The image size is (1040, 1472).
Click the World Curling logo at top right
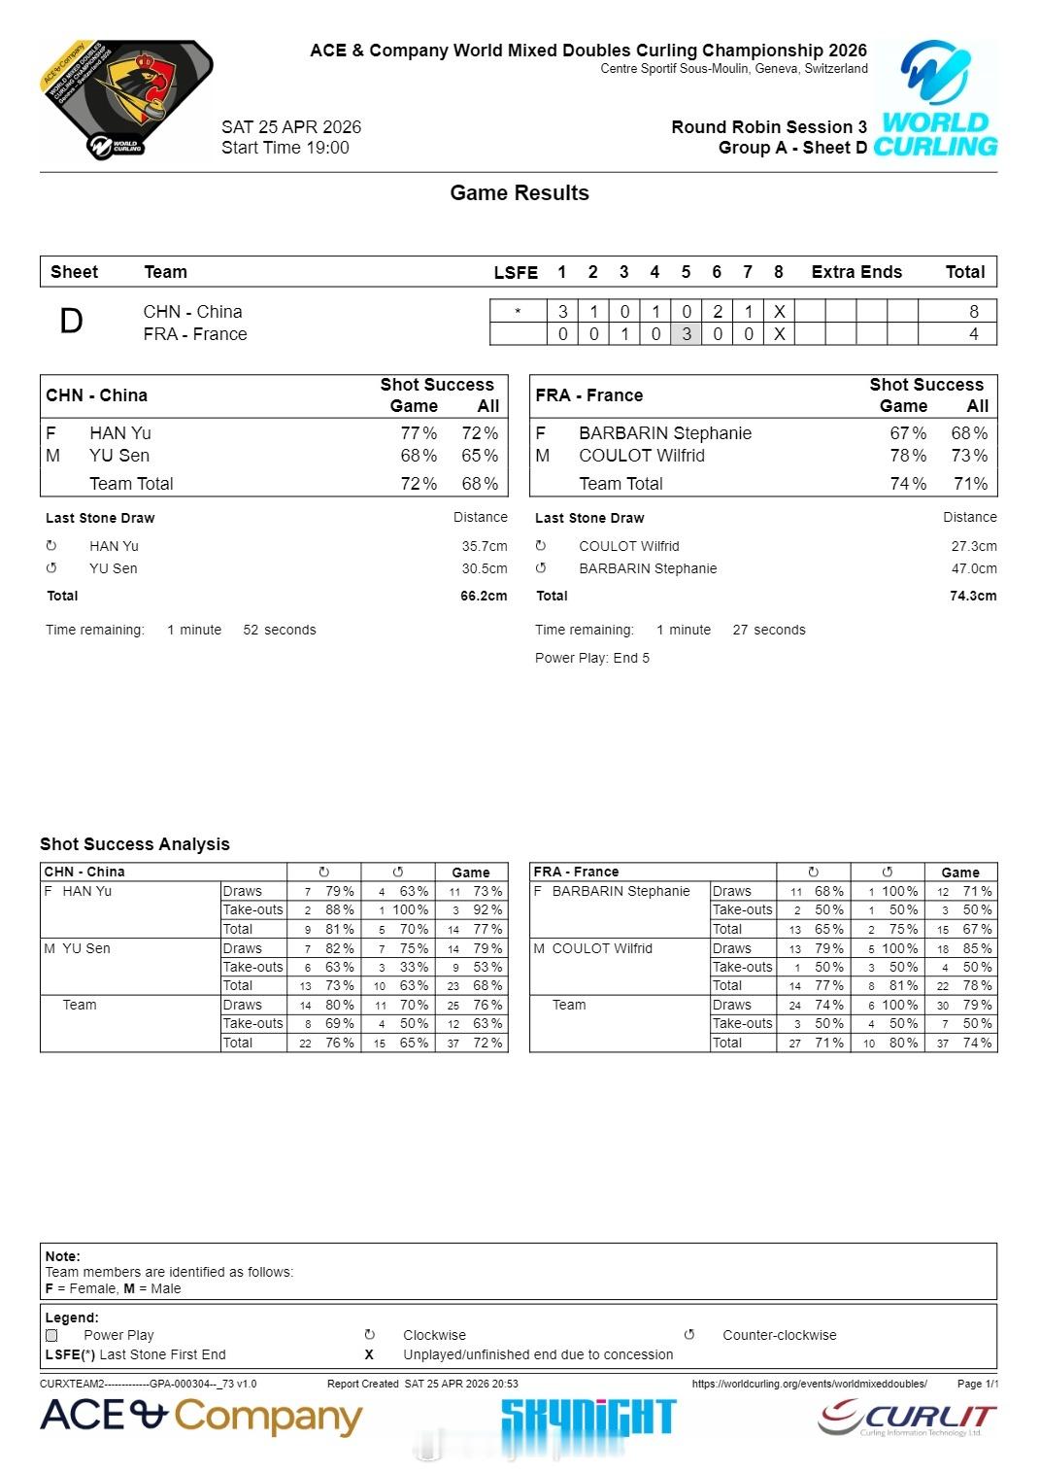click(x=935, y=99)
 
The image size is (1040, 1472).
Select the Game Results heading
click(x=519, y=192)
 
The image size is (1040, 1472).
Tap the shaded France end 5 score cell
click(x=686, y=334)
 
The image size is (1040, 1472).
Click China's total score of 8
click(x=973, y=311)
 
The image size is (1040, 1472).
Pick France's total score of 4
click(x=973, y=334)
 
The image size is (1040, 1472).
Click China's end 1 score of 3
click(x=562, y=311)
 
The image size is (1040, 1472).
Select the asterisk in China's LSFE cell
click(x=517, y=312)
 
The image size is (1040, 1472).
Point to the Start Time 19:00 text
click(x=285, y=148)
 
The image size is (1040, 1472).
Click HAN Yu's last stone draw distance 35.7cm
click(x=484, y=546)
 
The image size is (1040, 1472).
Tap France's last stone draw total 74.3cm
click(x=972, y=596)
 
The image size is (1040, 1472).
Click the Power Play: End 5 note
click(x=591, y=658)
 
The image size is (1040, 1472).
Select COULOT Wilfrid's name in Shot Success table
click(x=641, y=456)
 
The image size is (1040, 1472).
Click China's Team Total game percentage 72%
click(x=419, y=484)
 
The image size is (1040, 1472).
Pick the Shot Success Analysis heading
click(x=135, y=844)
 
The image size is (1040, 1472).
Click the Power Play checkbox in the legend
click(x=51, y=1335)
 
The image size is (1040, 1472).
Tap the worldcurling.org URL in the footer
click(x=809, y=1384)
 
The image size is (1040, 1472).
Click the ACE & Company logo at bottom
click(x=200, y=1417)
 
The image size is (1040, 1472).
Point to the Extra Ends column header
click(x=856, y=272)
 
